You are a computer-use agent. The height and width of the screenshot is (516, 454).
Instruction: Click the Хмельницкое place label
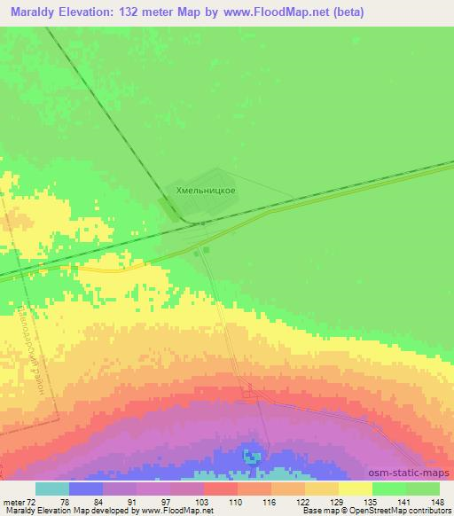[x=205, y=190]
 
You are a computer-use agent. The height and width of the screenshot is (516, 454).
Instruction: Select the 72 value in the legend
[x=31, y=502]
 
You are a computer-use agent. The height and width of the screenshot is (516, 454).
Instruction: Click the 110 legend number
[x=237, y=502]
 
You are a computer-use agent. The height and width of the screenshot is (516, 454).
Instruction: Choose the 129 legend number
[x=338, y=502]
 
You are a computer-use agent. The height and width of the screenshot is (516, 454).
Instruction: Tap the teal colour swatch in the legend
[x=52, y=489]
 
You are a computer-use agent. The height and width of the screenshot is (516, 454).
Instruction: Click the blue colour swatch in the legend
[x=86, y=489]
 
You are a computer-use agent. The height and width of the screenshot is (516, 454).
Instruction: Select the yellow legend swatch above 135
[x=355, y=489]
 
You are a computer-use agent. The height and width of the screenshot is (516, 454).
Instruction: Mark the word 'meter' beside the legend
[x=12, y=502]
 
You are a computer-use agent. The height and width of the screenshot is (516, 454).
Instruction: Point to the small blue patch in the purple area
[x=254, y=457]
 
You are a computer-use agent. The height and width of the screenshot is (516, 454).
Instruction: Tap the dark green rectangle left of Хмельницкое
[x=168, y=210]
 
